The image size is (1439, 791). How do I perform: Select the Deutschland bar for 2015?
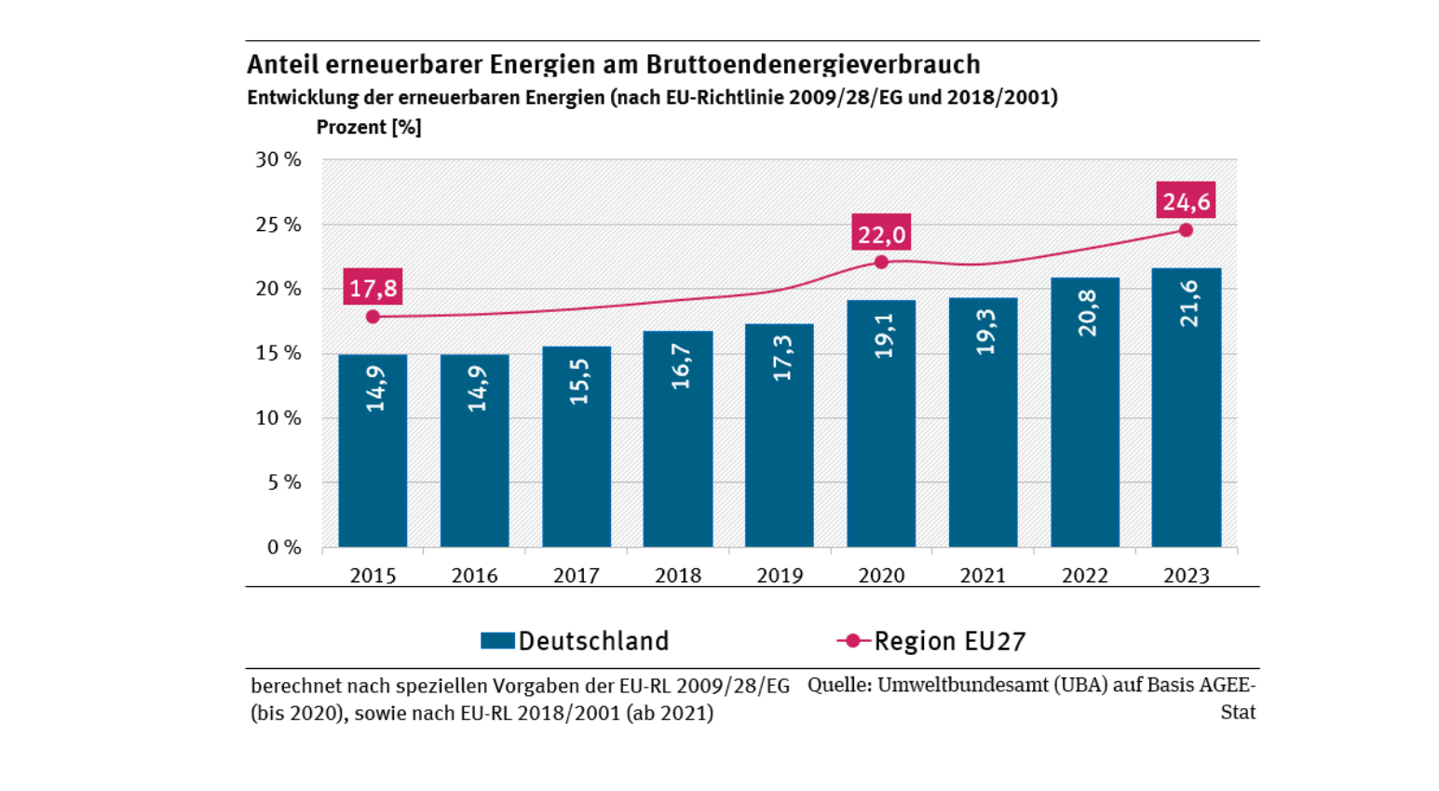[x=373, y=451]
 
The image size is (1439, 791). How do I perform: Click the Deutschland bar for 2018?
[x=678, y=439]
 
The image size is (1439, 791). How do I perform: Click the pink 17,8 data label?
[x=373, y=288]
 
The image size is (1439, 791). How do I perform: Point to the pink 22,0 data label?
[x=881, y=234]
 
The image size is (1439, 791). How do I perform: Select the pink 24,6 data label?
[x=1186, y=201]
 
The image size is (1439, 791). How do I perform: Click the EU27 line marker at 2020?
[x=881, y=263]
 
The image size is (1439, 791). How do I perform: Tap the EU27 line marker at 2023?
[x=1186, y=230]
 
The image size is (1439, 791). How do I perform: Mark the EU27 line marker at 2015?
[x=373, y=317]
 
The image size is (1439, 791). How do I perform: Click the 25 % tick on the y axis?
[x=278, y=225]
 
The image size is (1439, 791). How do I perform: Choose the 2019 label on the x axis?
[x=780, y=576]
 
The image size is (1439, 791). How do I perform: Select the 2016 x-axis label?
[x=474, y=576]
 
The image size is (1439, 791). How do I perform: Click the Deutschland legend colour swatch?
[x=497, y=641]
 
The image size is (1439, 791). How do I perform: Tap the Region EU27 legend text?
[x=949, y=641]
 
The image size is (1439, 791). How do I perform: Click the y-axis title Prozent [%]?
[x=369, y=128]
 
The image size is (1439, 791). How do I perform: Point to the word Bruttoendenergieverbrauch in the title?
[x=813, y=64]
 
